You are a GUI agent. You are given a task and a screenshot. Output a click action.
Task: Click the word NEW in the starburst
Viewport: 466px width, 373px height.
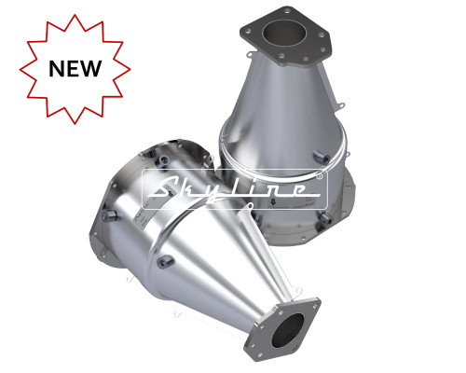tap(75, 68)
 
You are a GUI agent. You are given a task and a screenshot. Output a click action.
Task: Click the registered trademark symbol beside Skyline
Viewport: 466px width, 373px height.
tap(320, 176)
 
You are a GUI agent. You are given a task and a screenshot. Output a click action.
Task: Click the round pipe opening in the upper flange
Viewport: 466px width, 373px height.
tap(282, 34)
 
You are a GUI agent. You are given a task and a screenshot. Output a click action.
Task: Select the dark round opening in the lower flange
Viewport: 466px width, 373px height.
tap(288, 330)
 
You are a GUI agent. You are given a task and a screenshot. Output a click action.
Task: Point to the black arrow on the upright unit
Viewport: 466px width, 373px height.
tap(273, 202)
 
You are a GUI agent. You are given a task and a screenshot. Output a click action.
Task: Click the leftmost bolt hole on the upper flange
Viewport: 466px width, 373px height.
tap(247, 31)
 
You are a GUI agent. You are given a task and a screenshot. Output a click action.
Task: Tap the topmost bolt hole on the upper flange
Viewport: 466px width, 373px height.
tap(288, 10)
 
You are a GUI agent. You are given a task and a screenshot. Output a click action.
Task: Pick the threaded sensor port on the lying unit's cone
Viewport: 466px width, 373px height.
tap(165, 261)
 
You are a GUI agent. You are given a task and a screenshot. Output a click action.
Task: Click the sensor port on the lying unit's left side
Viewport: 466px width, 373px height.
tap(109, 215)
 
